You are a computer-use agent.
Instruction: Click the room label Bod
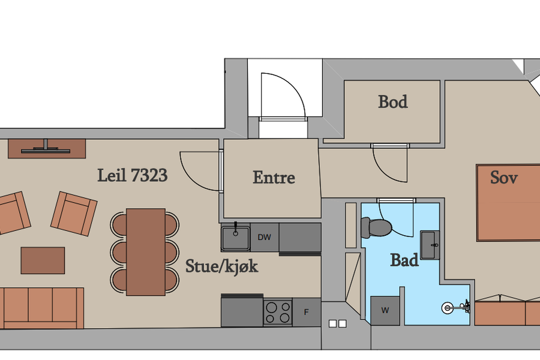392,101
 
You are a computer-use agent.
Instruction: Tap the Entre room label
274,178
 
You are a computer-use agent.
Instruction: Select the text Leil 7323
133,175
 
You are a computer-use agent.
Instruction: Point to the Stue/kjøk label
222,266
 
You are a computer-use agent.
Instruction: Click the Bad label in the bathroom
404,260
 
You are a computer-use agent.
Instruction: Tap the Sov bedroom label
504,178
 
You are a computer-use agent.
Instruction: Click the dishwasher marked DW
265,237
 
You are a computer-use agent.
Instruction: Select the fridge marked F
307,312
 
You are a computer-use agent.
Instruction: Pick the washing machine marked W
385,310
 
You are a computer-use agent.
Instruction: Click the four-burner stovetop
278,312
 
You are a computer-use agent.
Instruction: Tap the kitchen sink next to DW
236,237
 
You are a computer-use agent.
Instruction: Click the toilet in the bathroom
376,227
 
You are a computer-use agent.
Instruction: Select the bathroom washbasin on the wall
430,245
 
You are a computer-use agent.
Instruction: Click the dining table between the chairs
146,252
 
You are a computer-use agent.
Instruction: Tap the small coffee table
43,260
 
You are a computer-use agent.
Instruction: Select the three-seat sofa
42,308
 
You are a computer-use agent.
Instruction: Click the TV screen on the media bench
46,151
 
